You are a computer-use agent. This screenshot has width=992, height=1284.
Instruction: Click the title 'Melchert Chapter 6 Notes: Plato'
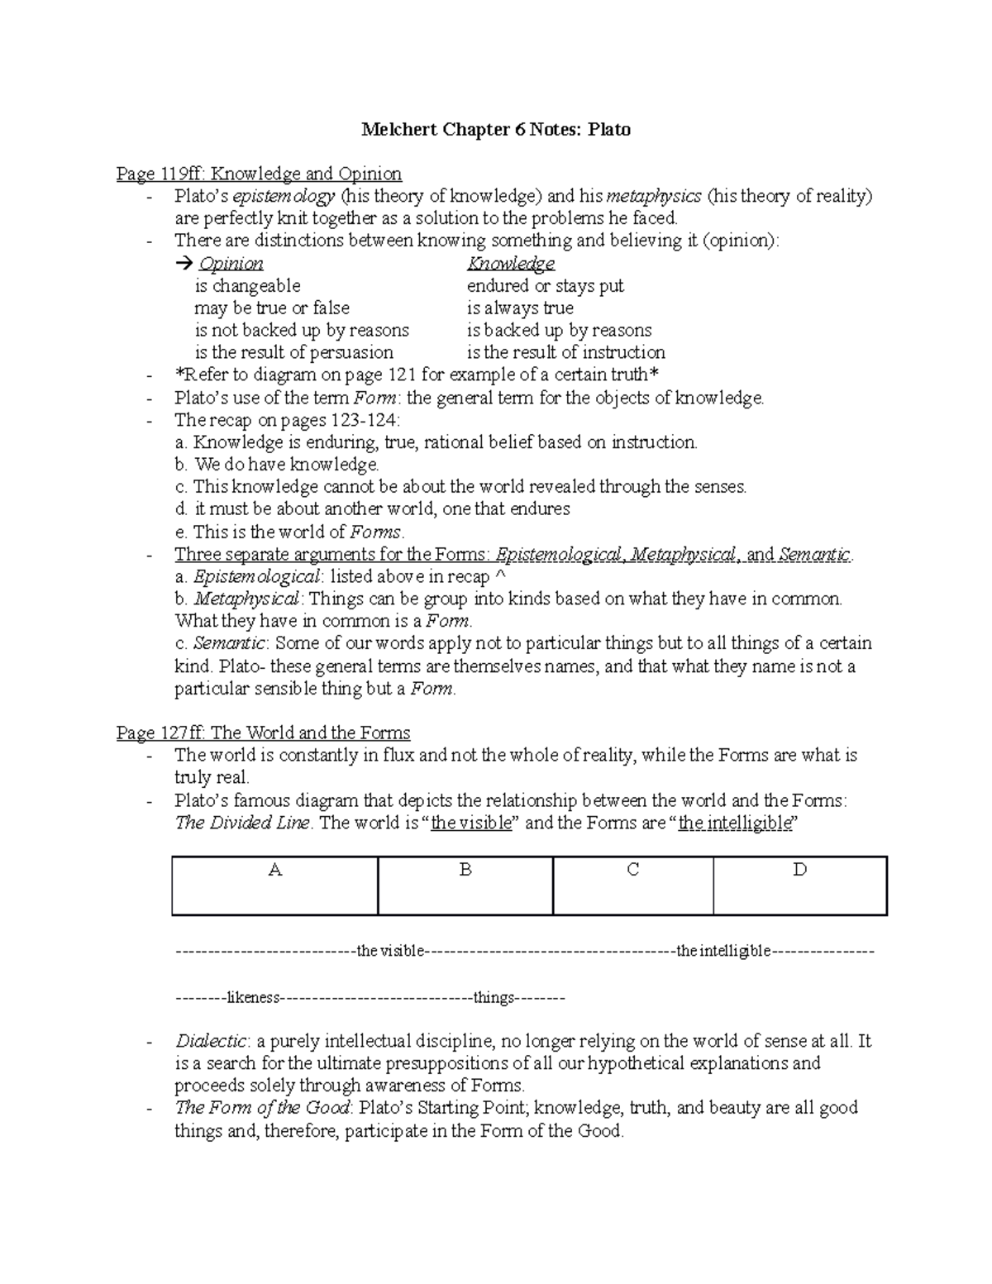[x=495, y=130]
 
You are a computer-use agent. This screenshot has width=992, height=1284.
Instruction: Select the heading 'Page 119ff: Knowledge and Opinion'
[x=259, y=174]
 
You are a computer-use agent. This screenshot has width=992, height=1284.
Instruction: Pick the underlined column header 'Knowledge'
[x=510, y=264]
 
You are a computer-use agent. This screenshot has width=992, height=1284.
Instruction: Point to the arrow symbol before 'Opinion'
[x=183, y=264]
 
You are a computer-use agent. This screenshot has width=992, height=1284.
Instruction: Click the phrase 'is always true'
[x=520, y=308]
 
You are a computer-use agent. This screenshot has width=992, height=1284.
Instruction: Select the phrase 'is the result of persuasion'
[x=293, y=353]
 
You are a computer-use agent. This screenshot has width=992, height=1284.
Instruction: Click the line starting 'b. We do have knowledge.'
[x=277, y=465]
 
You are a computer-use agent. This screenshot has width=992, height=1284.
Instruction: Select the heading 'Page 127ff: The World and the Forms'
[x=263, y=733]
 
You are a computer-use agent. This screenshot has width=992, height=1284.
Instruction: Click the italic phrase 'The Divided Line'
[x=242, y=823]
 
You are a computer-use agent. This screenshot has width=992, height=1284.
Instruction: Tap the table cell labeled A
[x=275, y=885]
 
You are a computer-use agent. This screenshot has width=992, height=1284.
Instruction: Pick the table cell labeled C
[x=632, y=885]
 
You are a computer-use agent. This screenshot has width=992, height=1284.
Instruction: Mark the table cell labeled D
[x=799, y=885]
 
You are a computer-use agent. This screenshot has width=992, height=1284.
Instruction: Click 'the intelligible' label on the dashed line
[x=723, y=952]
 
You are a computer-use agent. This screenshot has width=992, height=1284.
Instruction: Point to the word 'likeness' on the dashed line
[x=252, y=998]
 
